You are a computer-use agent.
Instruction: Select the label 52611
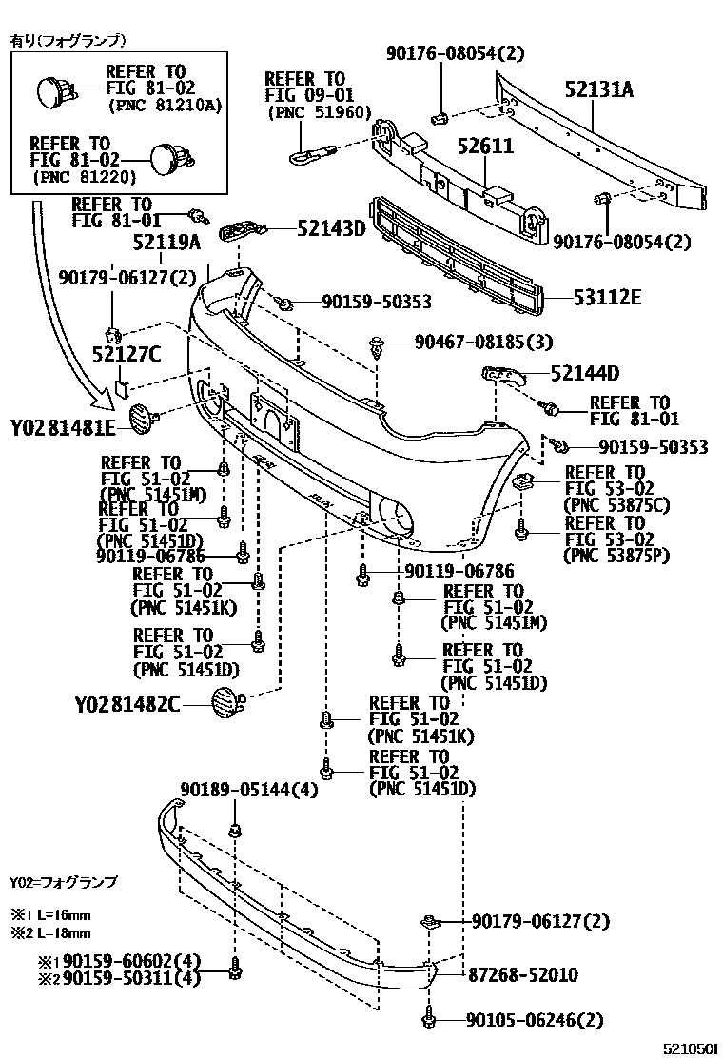point(485,147)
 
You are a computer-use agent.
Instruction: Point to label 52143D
point(331,228)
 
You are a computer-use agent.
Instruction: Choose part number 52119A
point(166,243)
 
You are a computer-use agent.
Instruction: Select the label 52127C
point(127,355)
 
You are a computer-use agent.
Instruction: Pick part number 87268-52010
point(522,975)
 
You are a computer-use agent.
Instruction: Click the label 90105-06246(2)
point(535,1021)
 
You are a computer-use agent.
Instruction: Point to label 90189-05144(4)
point(249,789)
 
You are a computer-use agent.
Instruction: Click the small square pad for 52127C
point(122,386)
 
